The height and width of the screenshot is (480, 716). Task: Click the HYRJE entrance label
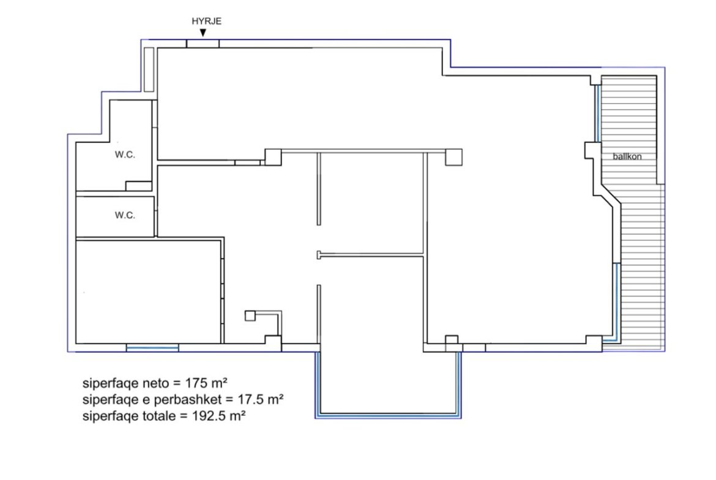(206, 21)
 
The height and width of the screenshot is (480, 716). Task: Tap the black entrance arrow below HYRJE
(203, 32)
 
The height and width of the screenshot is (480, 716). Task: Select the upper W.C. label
(125, 155)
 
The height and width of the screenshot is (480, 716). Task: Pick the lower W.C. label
(125, 215)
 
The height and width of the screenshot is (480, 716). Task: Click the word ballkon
(627, 157)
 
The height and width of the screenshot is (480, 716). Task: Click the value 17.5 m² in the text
(260, 399)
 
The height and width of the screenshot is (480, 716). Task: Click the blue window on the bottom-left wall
(152, 348)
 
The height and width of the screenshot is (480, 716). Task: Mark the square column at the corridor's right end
(453, 157)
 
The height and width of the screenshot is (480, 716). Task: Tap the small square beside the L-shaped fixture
(250, 316)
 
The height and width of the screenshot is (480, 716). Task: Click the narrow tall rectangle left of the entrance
(149, 69)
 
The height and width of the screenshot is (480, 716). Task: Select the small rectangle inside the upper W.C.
(138, 186)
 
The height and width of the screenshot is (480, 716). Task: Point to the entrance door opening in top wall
(203, 44)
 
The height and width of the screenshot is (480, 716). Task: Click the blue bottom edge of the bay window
(388, 416)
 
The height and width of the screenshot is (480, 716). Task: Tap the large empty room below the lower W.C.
(149, 292)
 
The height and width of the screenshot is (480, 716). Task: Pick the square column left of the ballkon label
(592, 150)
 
